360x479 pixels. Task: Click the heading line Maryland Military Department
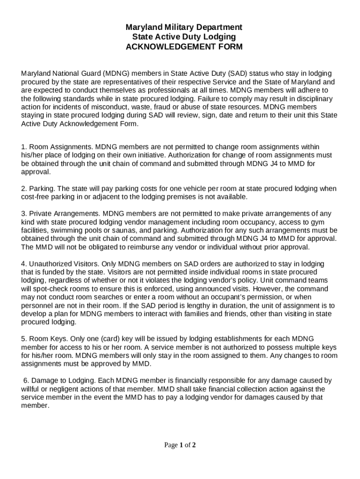(180, 27)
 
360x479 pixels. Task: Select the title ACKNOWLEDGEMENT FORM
(180, 47)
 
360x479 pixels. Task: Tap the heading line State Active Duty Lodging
(180, 37)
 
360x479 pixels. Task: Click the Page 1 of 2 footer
(180, 445)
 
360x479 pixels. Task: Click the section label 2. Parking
(38, 189)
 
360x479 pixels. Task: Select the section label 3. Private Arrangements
(60, 214)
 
